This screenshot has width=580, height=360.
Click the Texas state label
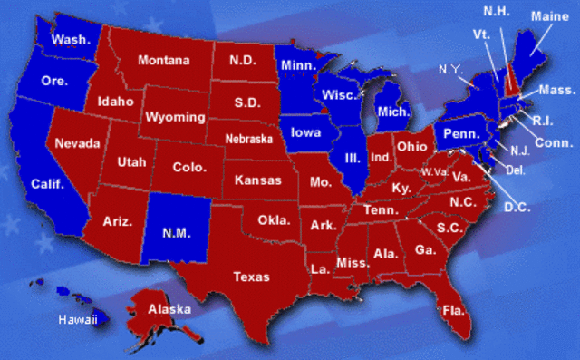click(251, 276)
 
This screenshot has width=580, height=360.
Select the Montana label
click(164, 61)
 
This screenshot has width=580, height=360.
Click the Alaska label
click(169, 309)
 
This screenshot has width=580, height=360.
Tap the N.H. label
click(494, 11)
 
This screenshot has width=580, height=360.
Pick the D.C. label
click(517, 207)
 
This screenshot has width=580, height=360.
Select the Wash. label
click(69, 40)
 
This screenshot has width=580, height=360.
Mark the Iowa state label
click(306, 132)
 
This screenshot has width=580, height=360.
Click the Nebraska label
click(249, 140)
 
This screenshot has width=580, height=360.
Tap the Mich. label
click(393, 112)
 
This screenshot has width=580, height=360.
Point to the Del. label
click(514, 169)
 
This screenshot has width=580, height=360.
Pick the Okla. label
click(274, 219)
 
